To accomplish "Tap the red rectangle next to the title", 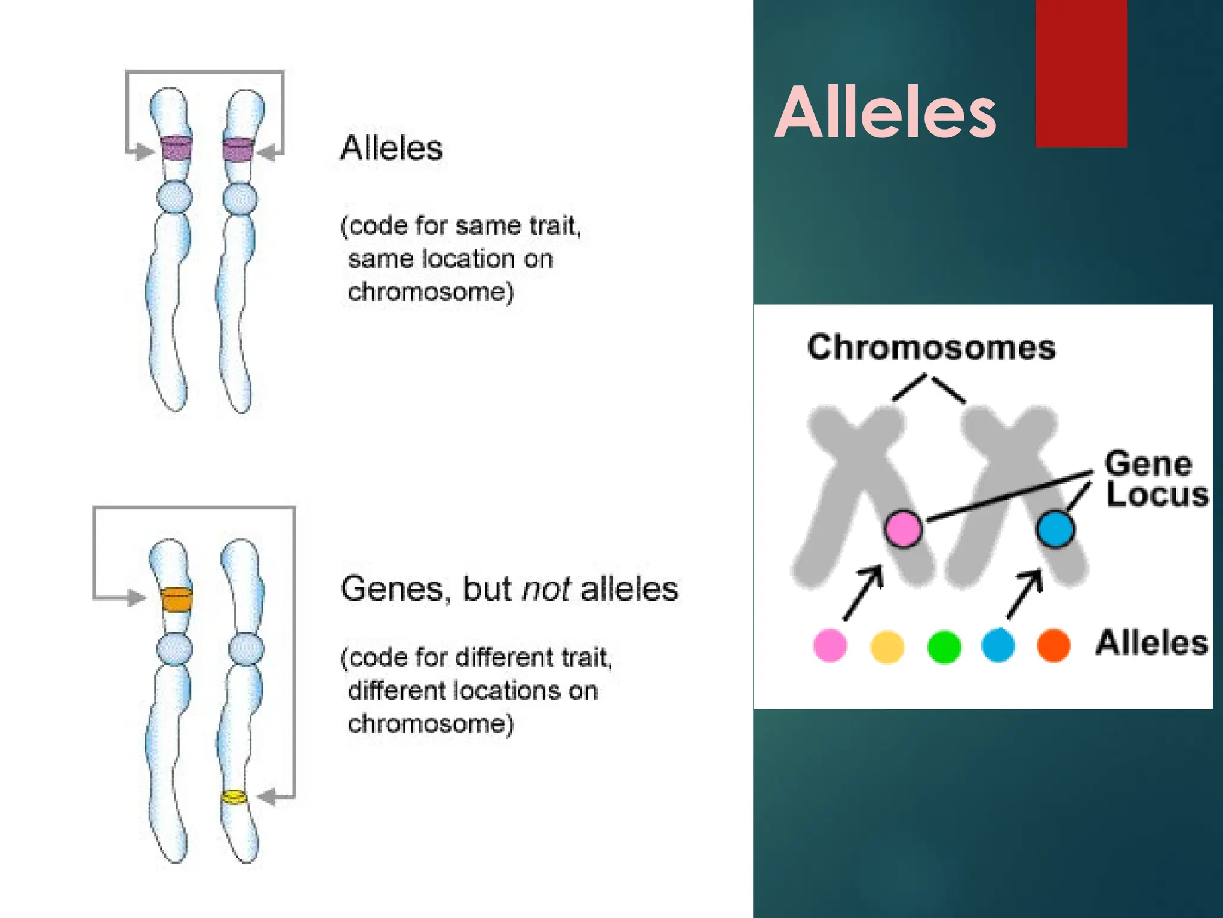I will tap(1081, 73).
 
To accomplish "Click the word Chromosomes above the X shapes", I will tap(930, 347).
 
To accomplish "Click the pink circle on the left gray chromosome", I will tap(902, 528).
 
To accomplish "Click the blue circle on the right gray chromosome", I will tap(1055, 528).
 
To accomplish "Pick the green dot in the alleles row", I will tap(944, 646).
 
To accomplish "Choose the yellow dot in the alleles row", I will tap(887, 646).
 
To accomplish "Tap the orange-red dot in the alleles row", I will tap(1053, 645).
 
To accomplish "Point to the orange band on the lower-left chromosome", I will tap(177, 599).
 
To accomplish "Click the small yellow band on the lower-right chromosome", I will tap(234, 797).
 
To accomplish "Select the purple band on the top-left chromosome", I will tap(177, 149).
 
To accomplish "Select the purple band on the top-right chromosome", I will tap(238, 149).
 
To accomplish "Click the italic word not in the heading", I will tap(546, 589).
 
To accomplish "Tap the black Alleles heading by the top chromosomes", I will tap(391, 148).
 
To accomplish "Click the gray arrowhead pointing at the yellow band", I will tap(267, 797).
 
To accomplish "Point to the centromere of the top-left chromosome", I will tap(174, 197).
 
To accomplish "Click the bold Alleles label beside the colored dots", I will tap(1151, 643).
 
